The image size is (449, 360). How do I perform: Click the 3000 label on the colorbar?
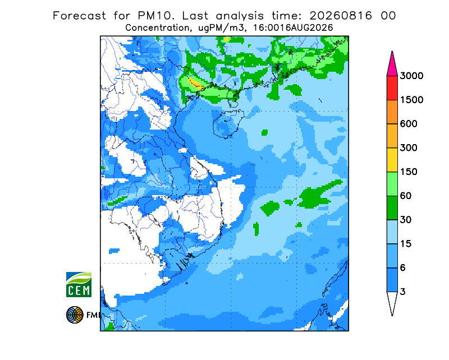[x=411, y=76]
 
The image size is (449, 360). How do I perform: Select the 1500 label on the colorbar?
[x=411, y=100]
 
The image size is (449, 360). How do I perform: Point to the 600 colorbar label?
[x=409, y=124]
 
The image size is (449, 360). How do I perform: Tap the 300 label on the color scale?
[x=409, y=148]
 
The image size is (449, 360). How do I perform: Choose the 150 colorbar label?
[x=409, y=172]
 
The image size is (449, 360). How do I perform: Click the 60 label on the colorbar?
[x=406, y=196]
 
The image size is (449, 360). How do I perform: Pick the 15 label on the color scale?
[x=406, y=244]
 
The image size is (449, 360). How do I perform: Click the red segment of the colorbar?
[x=392, y=88]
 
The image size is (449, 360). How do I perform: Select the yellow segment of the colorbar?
[x=392, y=160]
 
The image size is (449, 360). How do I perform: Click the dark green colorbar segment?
[x=392, y=208]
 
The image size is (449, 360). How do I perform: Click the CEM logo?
[x=79, y=284]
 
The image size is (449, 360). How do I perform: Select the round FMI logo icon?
[x=75, y=315]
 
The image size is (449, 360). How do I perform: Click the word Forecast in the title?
[x=79, y=16]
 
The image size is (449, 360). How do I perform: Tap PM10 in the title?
[x=156, y=16]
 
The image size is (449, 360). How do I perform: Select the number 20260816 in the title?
[x=341, y=16]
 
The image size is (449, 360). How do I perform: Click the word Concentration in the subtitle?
[x=158, y=28]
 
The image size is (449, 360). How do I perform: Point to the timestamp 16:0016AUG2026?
[x=293, y=28]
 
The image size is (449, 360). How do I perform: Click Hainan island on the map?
[x=228, y=123]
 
